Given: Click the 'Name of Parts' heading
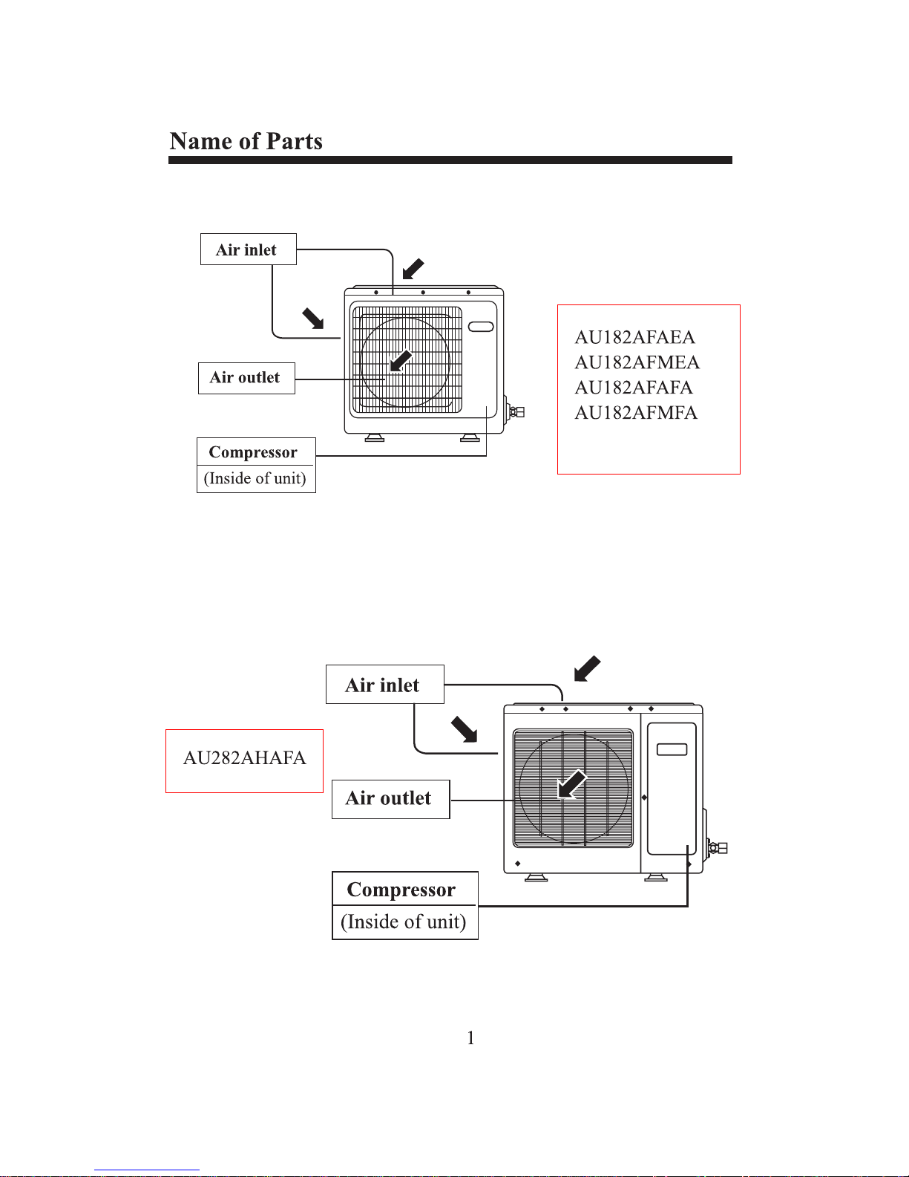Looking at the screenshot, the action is (246, 141).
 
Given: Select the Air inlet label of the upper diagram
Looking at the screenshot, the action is (246, 250).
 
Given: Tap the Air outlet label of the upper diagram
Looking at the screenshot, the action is (245, 377).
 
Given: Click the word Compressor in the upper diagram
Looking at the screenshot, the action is (253, 452).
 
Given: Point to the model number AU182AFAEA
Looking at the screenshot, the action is (634, 337).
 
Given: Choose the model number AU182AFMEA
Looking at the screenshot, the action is (637, 362).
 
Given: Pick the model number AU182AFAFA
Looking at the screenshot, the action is (634, 388).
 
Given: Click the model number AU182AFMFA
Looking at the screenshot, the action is (637, 413).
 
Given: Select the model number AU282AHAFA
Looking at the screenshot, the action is (245, 757).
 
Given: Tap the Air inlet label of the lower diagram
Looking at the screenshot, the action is (382, 685).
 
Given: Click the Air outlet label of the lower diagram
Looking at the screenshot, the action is (388, 798).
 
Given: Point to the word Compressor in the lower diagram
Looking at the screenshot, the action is (401, 890).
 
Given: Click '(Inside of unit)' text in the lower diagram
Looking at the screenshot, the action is (403, 922).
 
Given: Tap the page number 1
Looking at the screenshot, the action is (470, 1038).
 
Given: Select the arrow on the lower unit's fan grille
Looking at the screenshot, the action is (572, 784).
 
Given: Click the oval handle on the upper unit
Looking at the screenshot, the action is (481, 327).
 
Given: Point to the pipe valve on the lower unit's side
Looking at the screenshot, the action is (718, 848).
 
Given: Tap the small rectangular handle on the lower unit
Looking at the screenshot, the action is (672, 749).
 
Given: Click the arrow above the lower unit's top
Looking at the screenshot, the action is (587, 668).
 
